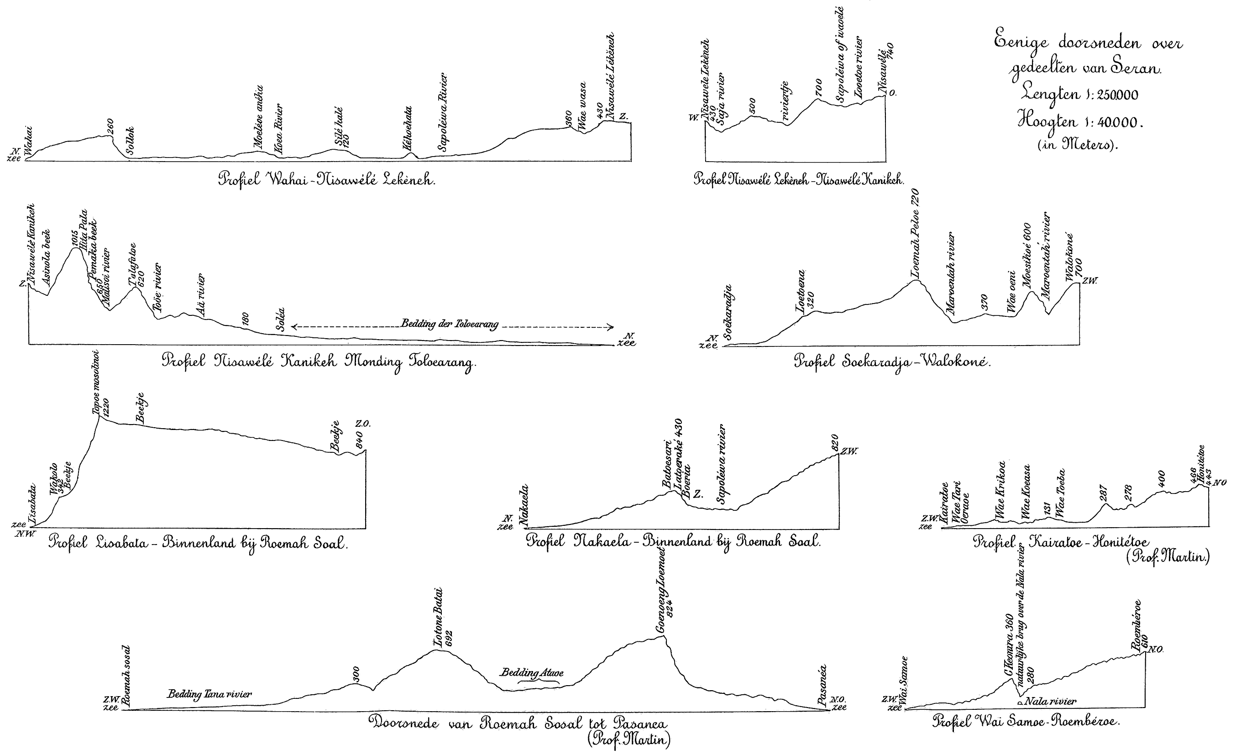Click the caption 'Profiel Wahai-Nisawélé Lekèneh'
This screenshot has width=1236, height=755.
point(326,179)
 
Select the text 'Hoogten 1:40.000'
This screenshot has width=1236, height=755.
point(1079,122)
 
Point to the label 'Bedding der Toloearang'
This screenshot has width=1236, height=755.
point(450,324)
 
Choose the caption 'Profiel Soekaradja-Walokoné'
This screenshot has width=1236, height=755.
point(892,362)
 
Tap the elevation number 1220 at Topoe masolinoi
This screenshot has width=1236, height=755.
point(105,407)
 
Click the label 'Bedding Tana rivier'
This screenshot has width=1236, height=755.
point(209,694)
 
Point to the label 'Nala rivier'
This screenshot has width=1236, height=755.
point(1050,701)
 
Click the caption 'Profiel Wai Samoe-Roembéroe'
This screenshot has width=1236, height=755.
point(1027,722)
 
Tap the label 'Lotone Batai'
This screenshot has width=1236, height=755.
point(439,617)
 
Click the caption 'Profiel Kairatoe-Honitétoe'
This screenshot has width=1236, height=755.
point(1060,542)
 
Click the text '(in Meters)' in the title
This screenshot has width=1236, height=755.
point(1078,145)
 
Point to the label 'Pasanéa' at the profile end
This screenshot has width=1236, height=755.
point(821,685)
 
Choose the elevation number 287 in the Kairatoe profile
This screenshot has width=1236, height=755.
point(1103,494)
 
